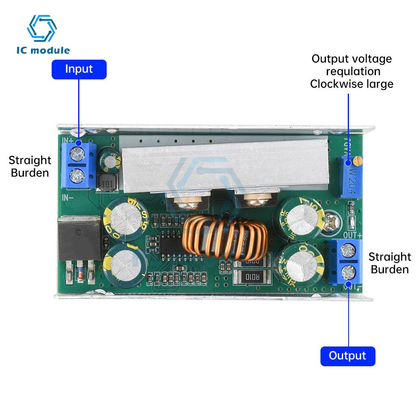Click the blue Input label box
point(79,69)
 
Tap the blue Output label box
point(347,356)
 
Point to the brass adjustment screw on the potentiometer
point(357,160)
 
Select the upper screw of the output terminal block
point(348,252)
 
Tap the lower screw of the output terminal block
point(349,271)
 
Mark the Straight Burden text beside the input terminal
point(30,166)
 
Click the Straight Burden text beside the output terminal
point(389,263)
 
